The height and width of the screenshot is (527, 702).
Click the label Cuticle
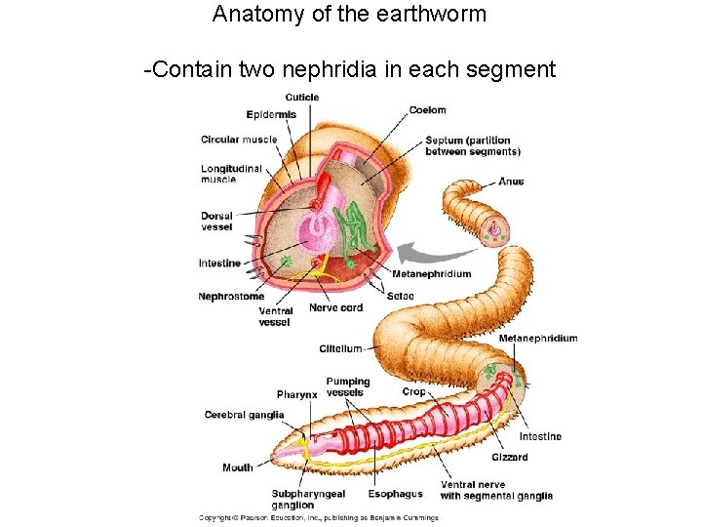pos(301,97)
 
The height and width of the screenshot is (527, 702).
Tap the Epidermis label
pos(271,114)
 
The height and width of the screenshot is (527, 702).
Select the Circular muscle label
pos(239,139)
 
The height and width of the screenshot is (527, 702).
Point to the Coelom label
pos(427,110)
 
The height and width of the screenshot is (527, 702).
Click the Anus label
pos(511,182)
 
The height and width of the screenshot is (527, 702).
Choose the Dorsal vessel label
pos(216,222)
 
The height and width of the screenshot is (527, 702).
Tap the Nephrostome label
pos(231,296)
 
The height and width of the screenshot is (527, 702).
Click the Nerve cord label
pos(335,307)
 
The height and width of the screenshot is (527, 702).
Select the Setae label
pos(400,296)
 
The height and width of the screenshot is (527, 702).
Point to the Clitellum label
pos(340,348)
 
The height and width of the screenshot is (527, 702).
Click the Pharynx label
pos(296,394)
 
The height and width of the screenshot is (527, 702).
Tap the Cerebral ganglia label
pos(244,415)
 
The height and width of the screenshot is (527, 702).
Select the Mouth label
pos(237,467)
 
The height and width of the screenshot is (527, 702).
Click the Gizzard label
pos(510,457)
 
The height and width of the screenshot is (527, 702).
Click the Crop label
pos(413,391)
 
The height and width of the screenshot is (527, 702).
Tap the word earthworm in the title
pos(430,15)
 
